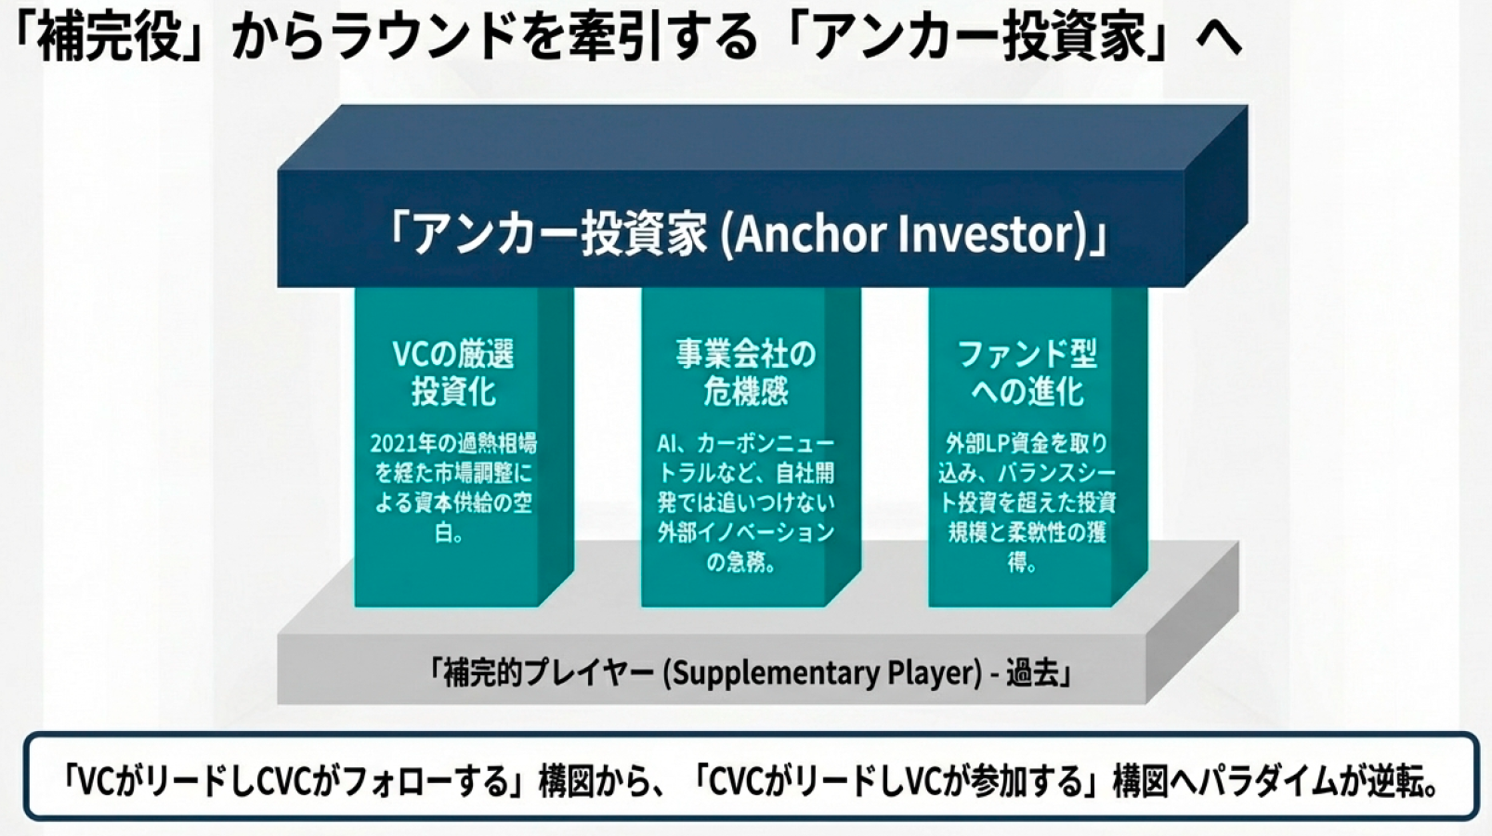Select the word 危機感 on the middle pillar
(746, 390)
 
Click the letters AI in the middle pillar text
(666, 443)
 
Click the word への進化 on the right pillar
(1027, 390)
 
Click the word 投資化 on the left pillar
(453, 390)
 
